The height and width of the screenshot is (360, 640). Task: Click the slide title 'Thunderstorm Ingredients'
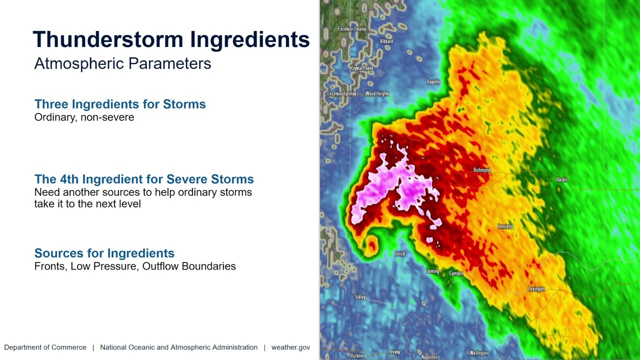click(171, 39)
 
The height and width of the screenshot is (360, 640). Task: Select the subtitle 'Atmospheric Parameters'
click(122, 63)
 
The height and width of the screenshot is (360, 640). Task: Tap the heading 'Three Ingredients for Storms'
click(120, 104)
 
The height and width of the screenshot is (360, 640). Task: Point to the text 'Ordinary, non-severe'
click(84, 117)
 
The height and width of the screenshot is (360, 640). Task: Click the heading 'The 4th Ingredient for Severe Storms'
click(144, 179)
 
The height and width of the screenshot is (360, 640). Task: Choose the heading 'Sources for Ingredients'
click(104, 253)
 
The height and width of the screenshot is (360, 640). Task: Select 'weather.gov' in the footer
click(290, 347)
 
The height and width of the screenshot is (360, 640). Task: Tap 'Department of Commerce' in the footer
click(45, 347)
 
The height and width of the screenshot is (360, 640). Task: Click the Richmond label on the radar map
click(481, 170)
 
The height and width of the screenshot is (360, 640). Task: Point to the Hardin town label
click(561, 179)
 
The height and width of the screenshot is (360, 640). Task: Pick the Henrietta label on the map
click(505, 226)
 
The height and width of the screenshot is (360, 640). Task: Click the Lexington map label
click(536, 289)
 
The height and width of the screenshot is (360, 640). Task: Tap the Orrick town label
click(400, 254)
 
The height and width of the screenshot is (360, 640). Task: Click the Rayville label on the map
click(433, 82)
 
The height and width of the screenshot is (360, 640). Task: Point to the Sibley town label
click(360, 297)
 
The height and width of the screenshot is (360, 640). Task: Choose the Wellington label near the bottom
click(478, 353)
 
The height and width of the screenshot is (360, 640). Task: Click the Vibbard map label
click(386, 41)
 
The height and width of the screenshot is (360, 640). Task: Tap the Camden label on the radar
click(456, 273)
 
